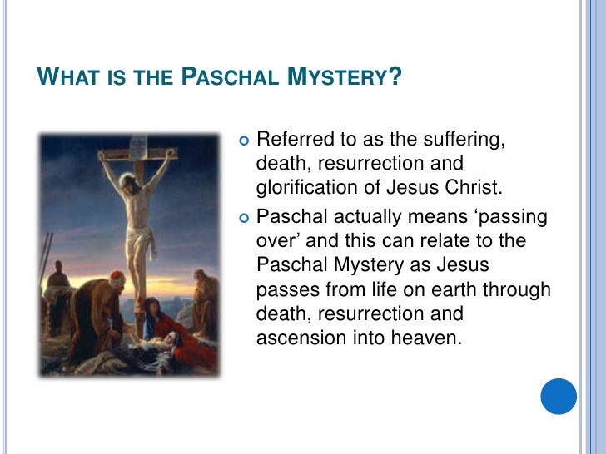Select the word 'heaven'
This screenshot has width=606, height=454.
425,338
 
